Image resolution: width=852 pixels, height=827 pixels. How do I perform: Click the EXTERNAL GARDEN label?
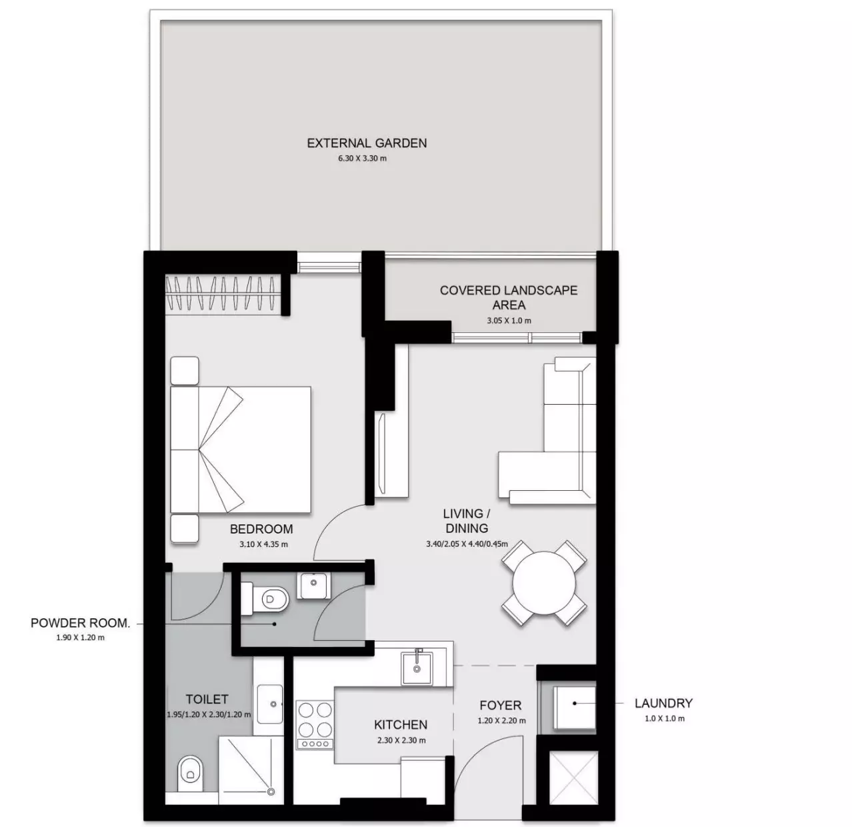pos(367,143)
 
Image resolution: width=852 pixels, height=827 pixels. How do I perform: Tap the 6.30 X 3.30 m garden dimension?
pos(362,159)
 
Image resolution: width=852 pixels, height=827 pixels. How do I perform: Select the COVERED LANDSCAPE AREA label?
pos(509,297)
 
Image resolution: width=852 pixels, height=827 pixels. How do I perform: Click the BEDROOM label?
pos(261,529)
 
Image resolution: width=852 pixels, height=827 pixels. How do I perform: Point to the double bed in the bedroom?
pos(241,450)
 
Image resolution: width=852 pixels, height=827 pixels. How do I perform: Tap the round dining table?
pos(544,583)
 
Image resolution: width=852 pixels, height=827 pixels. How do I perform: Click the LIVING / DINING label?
pos(466,521)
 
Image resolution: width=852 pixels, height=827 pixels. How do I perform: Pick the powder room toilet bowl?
pos(265,598)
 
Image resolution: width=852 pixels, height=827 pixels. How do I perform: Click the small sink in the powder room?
pos(314,586)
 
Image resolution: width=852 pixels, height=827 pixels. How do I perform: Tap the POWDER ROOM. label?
pos(81,624)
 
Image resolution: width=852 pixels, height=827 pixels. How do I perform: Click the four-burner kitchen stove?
pos(315,725)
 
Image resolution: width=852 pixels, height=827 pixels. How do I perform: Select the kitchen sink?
pos(417,668)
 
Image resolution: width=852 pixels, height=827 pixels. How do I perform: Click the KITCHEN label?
pos(401,725)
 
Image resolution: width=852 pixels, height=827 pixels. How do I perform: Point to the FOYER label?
pos(501,706)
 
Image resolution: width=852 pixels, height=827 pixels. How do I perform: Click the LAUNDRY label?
pos(664,704)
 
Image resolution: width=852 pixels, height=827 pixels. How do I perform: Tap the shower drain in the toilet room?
pos(271,792)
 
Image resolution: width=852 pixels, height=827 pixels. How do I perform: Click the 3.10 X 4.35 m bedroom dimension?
pos(263,544)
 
